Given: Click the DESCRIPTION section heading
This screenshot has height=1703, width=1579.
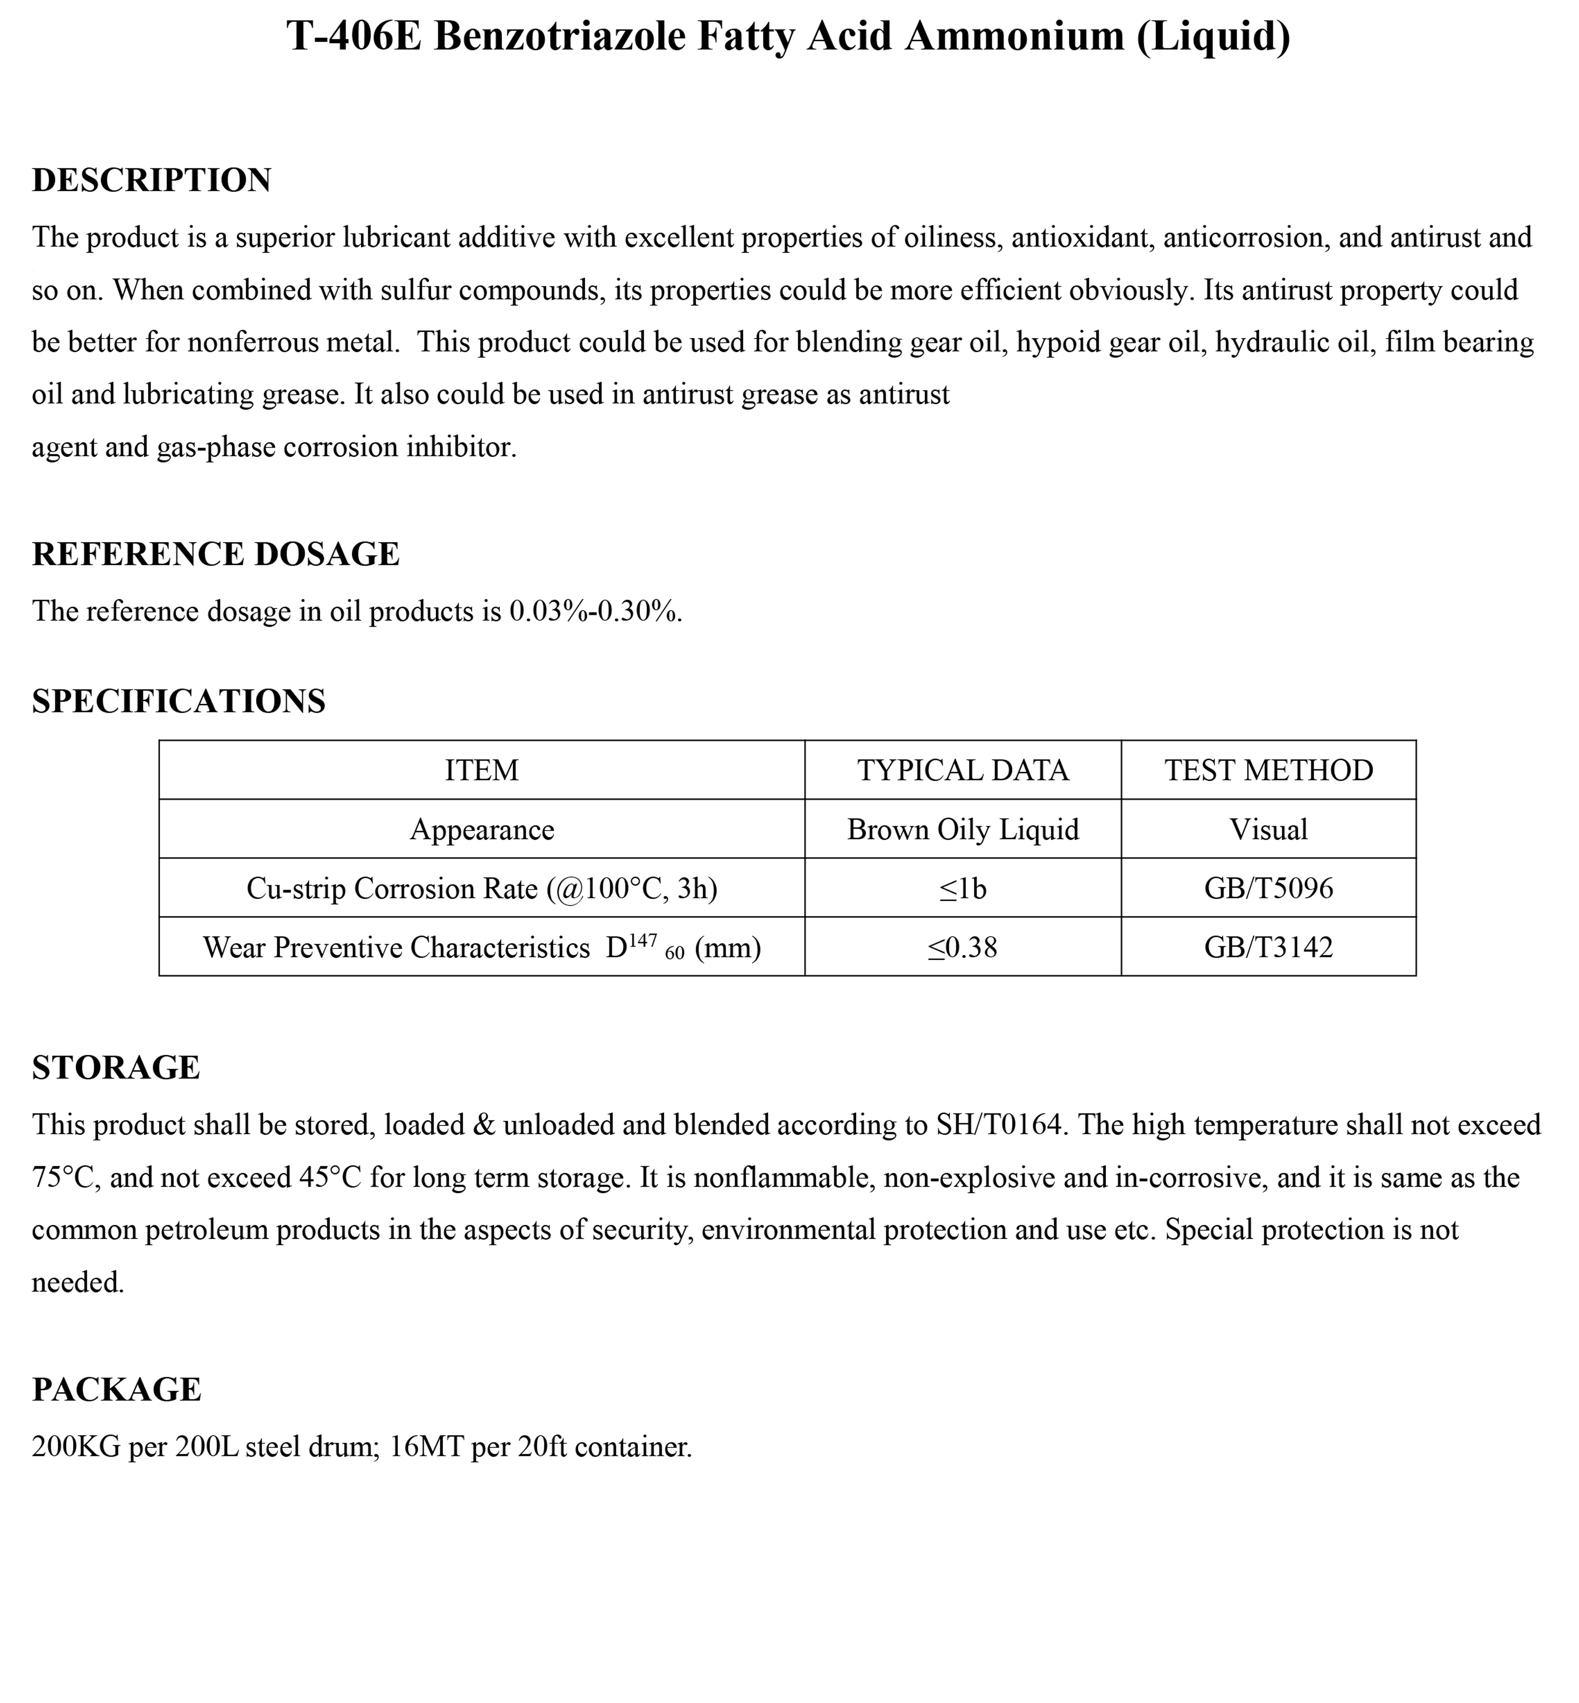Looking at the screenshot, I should [x=151, y=180].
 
